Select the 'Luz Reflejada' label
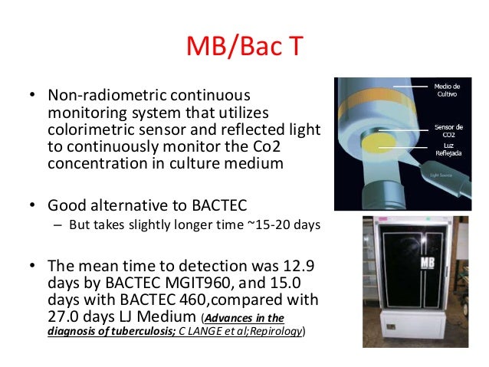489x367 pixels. pyautogui.click(x=447, y=149)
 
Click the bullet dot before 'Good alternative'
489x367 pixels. pyautogui.click(x=33, y=207)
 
